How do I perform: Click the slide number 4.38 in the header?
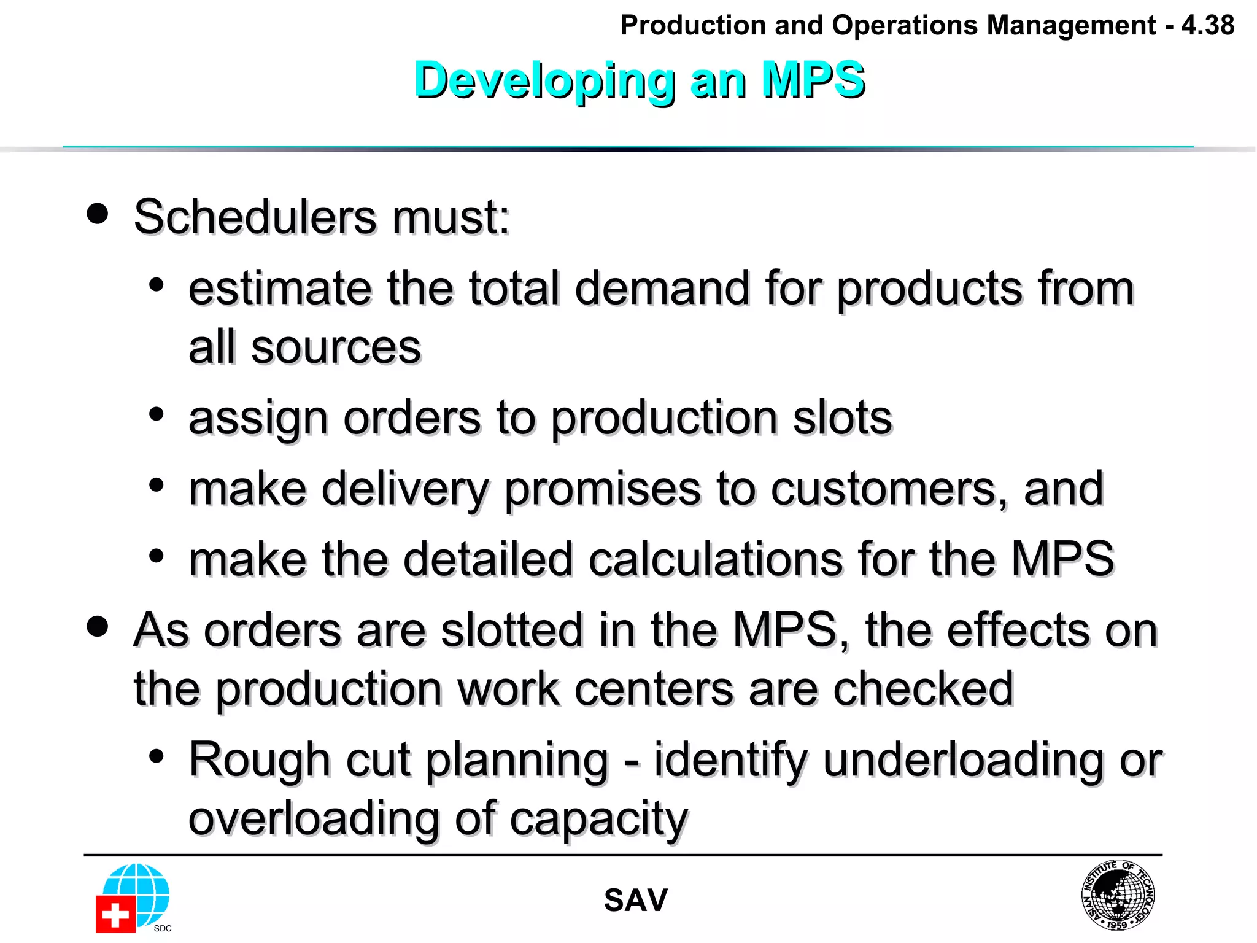tap(1207, 26)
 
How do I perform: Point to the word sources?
tap(336, 347)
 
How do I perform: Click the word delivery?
tap(405, 489)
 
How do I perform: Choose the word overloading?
tap(314, 818)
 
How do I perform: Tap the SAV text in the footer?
tap(635, 901)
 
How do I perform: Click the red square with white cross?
tap(115, 914)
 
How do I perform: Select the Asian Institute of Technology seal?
tap(1118, 894)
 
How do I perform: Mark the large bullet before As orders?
tap(98, 627)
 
